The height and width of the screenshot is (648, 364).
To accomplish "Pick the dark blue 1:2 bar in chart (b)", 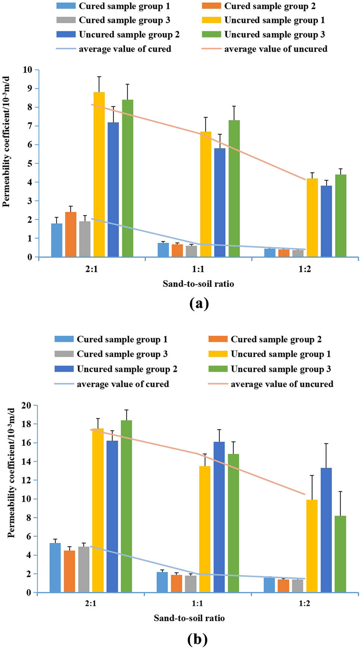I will tap(326, 530).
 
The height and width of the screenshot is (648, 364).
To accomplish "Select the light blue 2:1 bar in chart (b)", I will tap(55, 567).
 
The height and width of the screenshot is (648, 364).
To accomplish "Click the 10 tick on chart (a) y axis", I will tap(28, 70).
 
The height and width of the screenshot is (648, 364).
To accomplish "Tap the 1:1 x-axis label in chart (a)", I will tap(198, 269).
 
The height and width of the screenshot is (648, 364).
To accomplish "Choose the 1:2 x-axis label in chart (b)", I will tap(304, 604).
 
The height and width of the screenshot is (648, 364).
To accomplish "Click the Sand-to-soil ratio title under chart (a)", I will tap(198, 284).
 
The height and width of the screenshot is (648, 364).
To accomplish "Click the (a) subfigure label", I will tap(199, 304).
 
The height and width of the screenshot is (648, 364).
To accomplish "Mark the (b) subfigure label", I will tap(197, 639).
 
